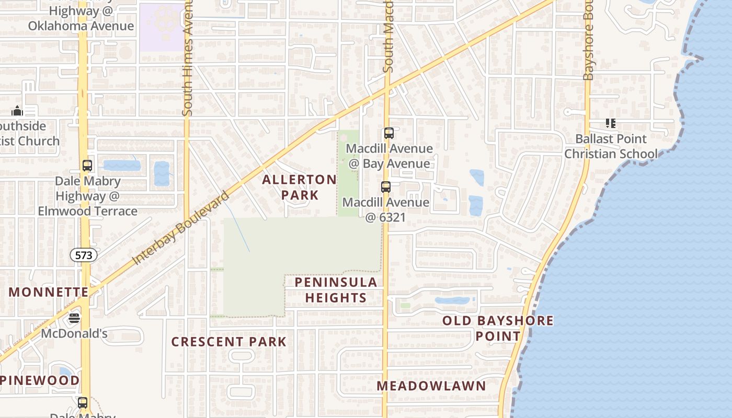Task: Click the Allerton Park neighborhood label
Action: [299, 187]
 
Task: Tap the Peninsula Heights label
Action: [336, 290]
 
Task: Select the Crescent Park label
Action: [229, 342]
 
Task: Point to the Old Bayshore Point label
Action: [498, 328]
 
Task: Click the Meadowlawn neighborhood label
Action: [431, 386]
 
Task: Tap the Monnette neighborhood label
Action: [48, 292]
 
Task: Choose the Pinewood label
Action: [40, 380]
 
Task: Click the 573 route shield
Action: [84, 255]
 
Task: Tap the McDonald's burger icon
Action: [74, 318]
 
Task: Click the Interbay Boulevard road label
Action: [181, 228]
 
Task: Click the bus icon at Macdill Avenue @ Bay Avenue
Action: [388, 133]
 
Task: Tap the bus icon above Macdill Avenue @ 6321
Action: [386, 187]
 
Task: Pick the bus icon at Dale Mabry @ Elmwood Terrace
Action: [87, 166]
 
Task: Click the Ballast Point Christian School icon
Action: [610, 123]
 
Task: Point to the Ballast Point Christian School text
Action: [611, 146]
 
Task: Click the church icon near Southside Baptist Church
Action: [17, 111]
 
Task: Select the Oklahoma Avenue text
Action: [81, 26]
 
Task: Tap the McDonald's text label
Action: [74, 333]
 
